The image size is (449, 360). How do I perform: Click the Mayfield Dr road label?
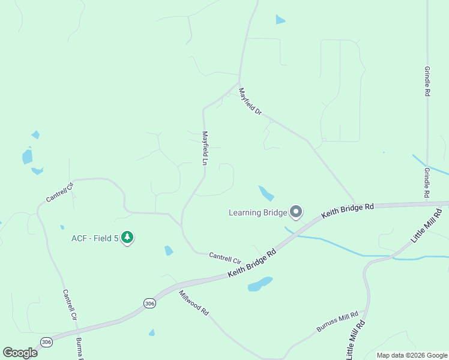click(250, 102)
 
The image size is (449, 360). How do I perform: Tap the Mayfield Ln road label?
click(205, 148)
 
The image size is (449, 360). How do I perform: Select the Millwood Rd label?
click(193, 304)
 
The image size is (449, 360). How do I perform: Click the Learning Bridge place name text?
click(257, 212)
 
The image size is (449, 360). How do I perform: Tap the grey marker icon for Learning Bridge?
click(295, 212)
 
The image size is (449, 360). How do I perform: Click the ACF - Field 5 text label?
click(95, 238)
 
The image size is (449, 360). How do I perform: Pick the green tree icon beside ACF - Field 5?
click(127, 238)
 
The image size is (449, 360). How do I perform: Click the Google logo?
click(20, 353)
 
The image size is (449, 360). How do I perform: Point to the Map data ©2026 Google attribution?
click(412, 355)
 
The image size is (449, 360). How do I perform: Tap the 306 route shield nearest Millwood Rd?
click(149, 304)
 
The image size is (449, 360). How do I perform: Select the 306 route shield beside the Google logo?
click(46, 341)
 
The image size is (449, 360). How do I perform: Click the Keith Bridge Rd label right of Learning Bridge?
click(348, 210)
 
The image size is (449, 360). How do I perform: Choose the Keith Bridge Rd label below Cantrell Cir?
click(252, 263)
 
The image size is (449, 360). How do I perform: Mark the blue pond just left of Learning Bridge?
click(266, 193)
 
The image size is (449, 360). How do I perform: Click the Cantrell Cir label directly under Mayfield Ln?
click(224, 258)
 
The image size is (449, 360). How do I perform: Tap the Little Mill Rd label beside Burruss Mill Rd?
click(355, 338)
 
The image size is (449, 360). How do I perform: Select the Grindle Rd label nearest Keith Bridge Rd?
click(427, 182)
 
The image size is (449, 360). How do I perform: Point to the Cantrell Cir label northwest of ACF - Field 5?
click(60, 193)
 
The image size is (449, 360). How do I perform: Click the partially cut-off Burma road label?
click(79, 349)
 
